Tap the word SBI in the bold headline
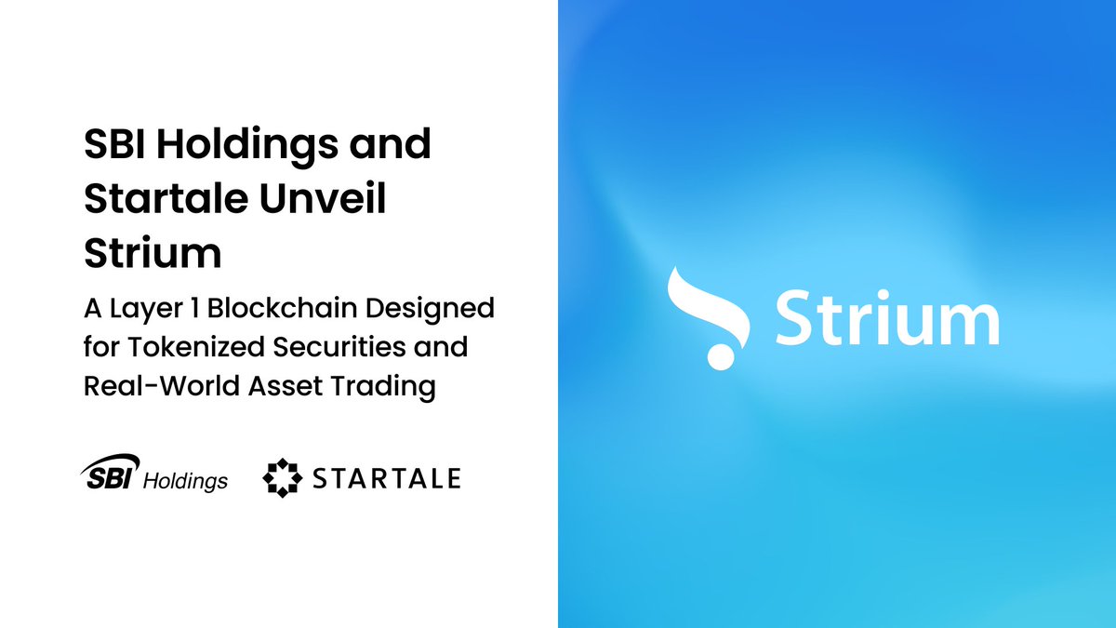[114, 145]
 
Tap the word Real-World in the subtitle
[159, 386]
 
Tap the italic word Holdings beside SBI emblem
[186, 481]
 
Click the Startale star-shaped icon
[283, 478]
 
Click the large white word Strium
[887, 318]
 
